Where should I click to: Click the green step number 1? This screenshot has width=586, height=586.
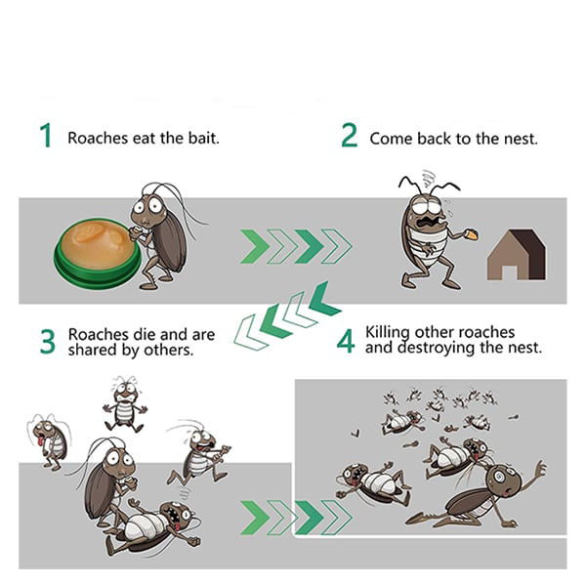click(x=46, y=135)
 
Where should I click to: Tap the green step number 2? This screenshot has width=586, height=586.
click(x=349, y=136)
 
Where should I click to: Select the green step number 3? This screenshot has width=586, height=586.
click(x=48, y=341)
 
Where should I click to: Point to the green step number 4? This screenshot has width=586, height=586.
click(x=346, y=341)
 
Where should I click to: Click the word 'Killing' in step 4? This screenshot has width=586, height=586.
click(x=388, y=333)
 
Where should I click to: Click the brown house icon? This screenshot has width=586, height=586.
click(x=516, y=255)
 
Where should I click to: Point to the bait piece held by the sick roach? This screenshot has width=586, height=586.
click(x=472, y=234)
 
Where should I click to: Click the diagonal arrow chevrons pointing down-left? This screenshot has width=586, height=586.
click(x=288, y=316)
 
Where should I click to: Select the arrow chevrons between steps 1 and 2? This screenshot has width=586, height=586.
click(x=296, y=246)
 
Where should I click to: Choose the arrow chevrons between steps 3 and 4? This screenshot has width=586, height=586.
click(x=296, y=518)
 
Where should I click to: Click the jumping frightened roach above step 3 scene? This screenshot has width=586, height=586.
click(x=125, y=404)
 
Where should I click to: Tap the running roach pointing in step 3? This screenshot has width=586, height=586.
click(x=198, y=453)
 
